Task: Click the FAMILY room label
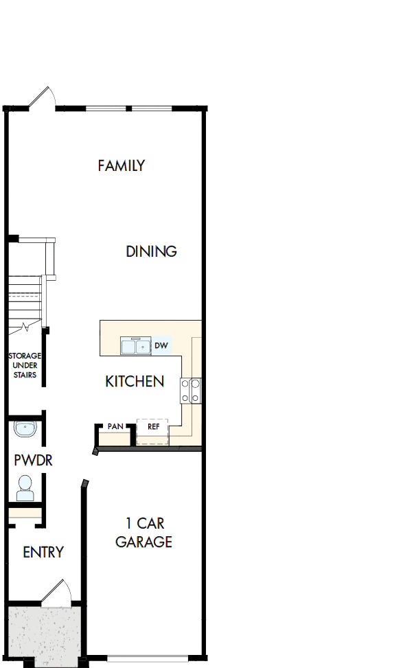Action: coord(121,165)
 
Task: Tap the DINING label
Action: coord(151,251)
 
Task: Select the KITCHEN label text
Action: coord(135,381)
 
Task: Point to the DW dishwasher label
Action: coord(161,345)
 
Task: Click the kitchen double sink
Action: coord(135,346)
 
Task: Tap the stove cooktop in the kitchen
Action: coord(190,391)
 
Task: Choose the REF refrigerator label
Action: coord(153,426)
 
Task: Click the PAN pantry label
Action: coord(115,426)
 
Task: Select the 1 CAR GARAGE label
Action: coord(143,533)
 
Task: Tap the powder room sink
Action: coord(25,430)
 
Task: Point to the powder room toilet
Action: coord(25,487)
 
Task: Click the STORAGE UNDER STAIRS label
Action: coord(25,365)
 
